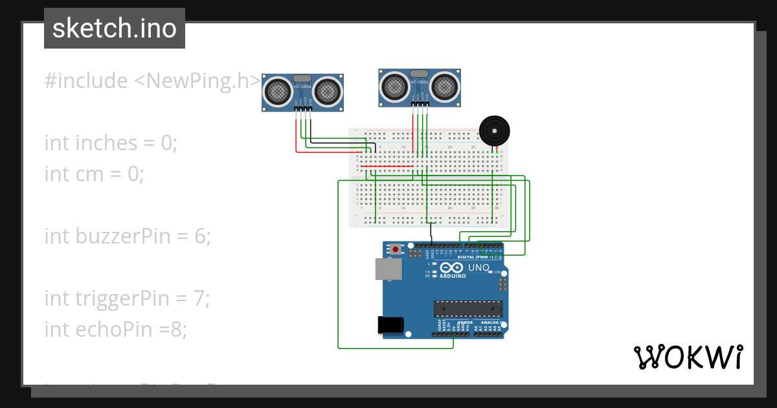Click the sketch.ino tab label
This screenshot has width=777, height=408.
pos(115,28)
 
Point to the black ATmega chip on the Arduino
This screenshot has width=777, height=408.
pos(467,309)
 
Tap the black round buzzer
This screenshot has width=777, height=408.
pos(494,131)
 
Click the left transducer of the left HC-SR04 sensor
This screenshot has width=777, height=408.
pos(278,91)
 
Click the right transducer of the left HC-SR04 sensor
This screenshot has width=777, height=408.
pos(328,91)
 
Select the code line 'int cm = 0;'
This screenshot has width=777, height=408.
pos(94,174)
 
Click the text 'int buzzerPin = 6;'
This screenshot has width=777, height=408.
pos(128,236)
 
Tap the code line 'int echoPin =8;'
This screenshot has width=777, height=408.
pos(115,329)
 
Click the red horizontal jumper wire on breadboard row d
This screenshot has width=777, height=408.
pos(387,166)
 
